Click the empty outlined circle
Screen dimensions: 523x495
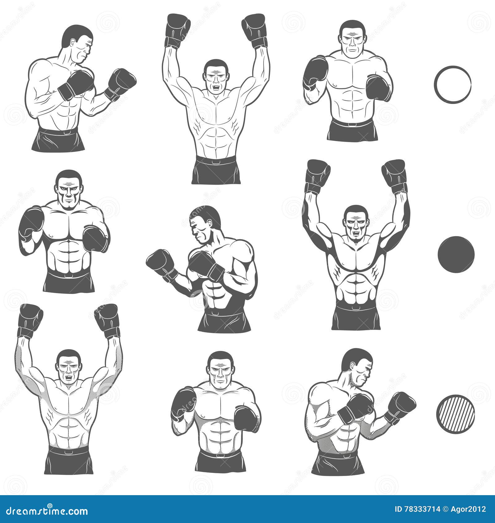tap(452, 84)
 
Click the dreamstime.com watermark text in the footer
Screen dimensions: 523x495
tap(45, 511)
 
